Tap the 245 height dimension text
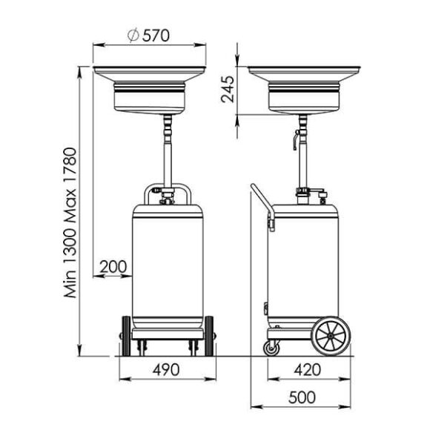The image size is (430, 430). pyautogui.click(x=228, y=91)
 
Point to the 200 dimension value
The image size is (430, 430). pyautogui.click(x=113, y=265)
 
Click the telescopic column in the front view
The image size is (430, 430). pyautogui.click(x=168, y=152)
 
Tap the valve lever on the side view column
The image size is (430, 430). pyautogui.click(x=294, y=139)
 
